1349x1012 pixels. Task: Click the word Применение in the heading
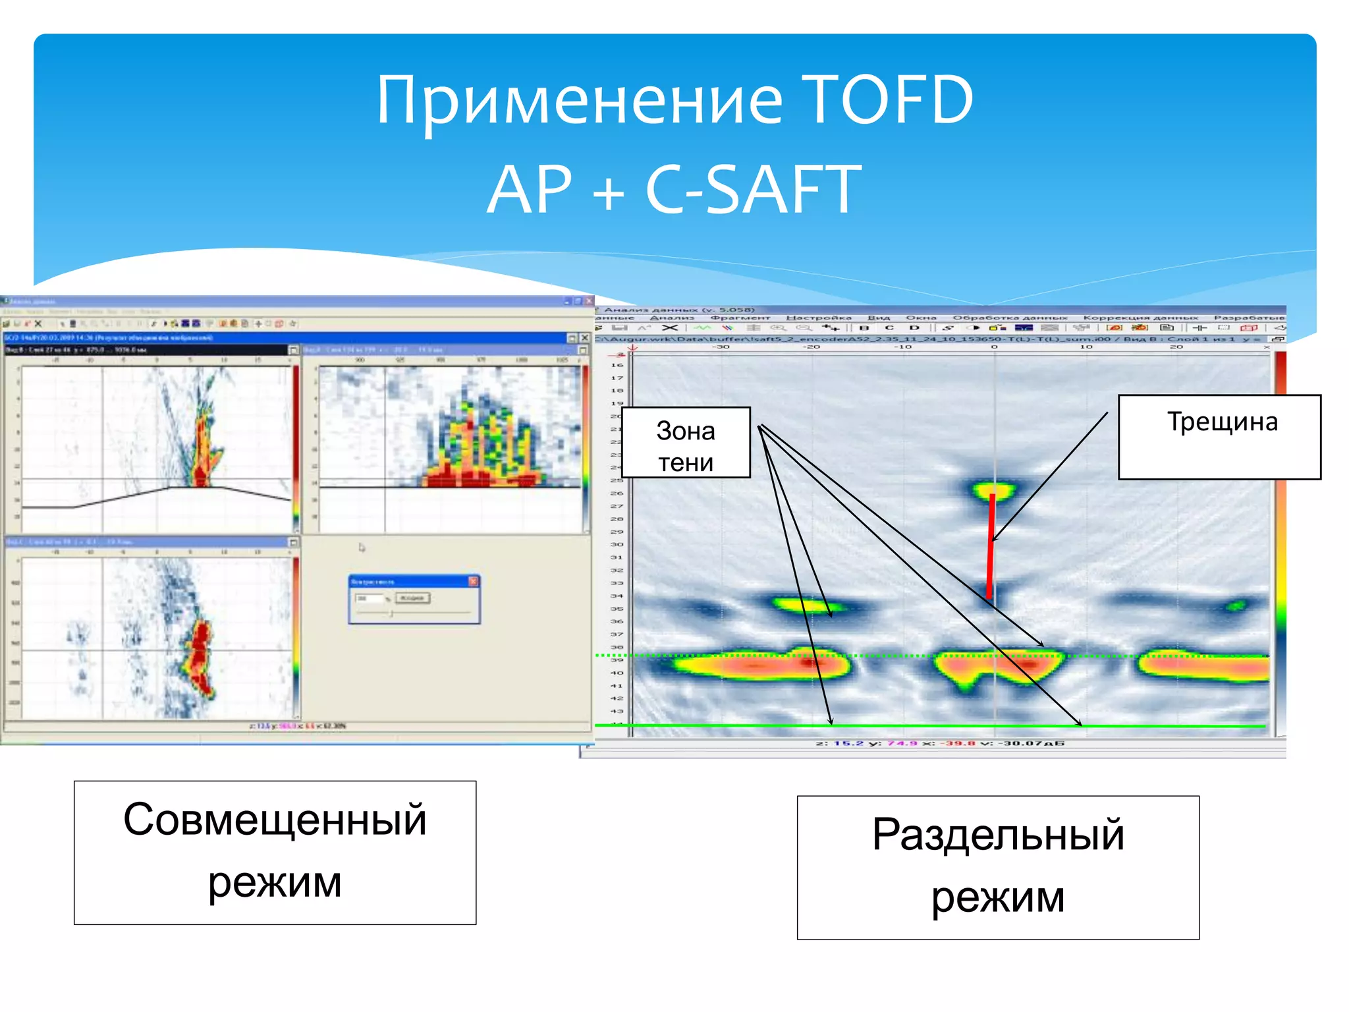[580, 100]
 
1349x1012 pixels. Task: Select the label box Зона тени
[686, 443]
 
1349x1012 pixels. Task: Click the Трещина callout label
[1219, 436]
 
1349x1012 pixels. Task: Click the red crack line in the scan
[991, 547]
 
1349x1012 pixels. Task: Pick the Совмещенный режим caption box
[275, 853]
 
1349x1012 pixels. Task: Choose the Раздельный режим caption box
[997, 867]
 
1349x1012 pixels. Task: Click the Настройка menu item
[818, 318]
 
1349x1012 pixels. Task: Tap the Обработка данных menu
[1010, 318]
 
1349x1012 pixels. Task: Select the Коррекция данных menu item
[1140, 318]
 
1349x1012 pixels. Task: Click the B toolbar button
[864, 327]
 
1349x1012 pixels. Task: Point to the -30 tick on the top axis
[723, 347]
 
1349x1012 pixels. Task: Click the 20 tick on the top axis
[1176, 347]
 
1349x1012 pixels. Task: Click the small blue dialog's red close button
[473, 581]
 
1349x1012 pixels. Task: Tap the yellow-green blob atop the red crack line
[994, 490]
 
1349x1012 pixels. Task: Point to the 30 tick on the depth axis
[617, 544]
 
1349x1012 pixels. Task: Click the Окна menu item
[921, 318]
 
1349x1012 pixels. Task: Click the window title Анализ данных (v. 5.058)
[678, 309]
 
